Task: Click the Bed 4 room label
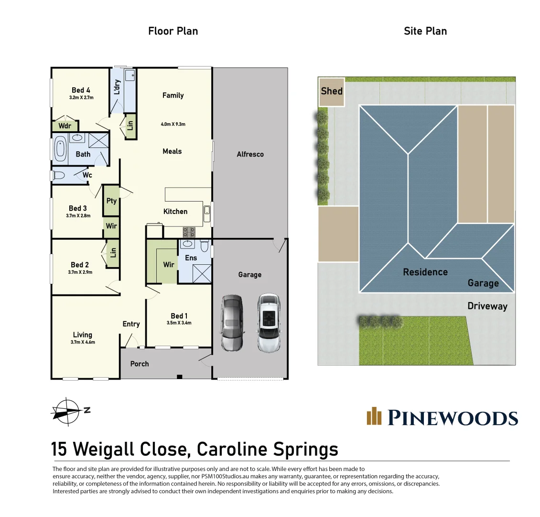pos(81,90)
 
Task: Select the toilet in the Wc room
pos(59,175)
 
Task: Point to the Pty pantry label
pos(111,201)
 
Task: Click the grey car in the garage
pos(232,323)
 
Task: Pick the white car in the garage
pos(268,323)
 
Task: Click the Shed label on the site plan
pos(332,91)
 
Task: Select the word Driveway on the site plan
pos(487,306)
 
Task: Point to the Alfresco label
pos(250,154)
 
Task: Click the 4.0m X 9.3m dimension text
pos(173,124)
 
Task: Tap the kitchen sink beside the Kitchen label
pos(207,214)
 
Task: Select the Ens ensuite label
pos(191,258)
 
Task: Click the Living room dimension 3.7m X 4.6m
pos(83,342)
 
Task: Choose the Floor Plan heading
pos(173,31)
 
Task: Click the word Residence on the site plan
pos(425,272)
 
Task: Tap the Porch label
pos(140,364)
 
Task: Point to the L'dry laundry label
pos(117,87)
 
